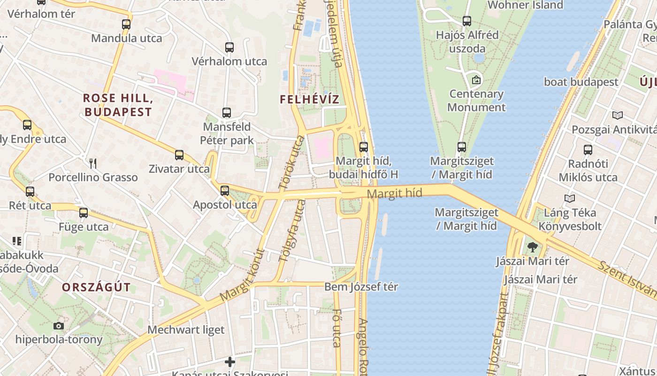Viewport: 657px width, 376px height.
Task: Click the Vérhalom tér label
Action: click(x=41, y=14)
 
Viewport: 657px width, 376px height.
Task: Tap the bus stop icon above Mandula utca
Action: click(x=126, y=24)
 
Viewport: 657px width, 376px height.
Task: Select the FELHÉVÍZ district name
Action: click(x=309, y=99)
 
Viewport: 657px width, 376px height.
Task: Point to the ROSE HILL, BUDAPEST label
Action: click(x=118, y=105)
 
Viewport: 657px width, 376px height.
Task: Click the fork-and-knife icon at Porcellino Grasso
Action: click(x=93, y=163)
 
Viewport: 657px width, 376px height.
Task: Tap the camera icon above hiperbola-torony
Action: click(x=59, y=326)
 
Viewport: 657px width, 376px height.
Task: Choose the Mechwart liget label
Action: click(x=186, y=330)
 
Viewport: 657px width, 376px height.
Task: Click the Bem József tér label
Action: click(x=361, y=287)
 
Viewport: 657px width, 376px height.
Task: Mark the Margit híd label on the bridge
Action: click(x=394, y=193)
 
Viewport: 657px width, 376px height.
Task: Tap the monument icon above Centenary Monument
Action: click(x=476, y=80)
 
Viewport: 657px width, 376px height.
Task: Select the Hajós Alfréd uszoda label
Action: click(x=467, y=42)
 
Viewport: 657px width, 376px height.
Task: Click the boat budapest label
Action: click(x=581, y=82)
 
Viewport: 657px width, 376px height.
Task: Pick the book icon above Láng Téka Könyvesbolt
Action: click(x=570, y=198)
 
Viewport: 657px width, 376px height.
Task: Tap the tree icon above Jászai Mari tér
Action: click(x=532, y=247)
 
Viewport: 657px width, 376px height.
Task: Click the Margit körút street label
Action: click(x=242, y=275)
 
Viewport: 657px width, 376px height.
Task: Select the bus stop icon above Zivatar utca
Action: click(x=179, y=155)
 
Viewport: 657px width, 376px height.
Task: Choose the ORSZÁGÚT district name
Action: click(x=96, y=288)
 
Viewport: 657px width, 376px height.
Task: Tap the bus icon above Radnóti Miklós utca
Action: click(x=588, y=150)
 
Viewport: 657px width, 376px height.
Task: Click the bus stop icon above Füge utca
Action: click(x=84, y=213)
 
